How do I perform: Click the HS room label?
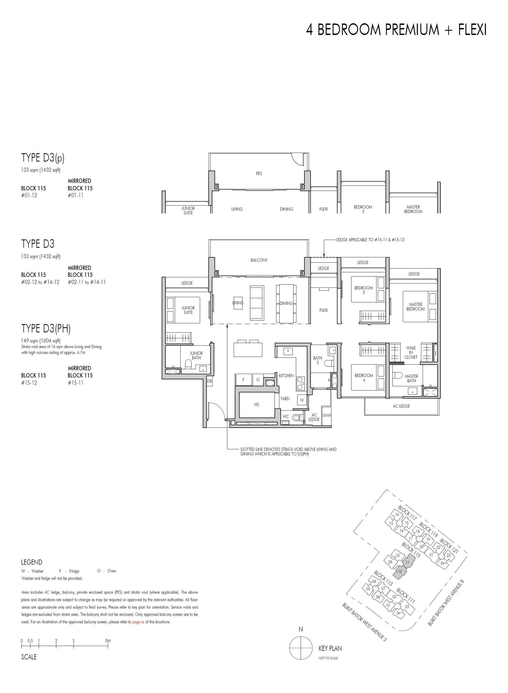point(256,404)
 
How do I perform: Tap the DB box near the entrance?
point(209,381)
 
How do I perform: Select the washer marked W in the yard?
point(302,400)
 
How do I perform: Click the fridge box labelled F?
point(243,380)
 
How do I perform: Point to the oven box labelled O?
point(258,380)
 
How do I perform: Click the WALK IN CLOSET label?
point(411,352)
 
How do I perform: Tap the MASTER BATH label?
point(411,378)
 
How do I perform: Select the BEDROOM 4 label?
point(364,378)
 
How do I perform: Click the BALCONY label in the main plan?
point(259,260)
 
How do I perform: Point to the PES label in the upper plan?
point(259,174)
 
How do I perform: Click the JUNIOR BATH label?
point(196,356)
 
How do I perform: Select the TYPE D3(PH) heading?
point(46,329)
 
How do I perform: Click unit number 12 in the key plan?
point(400,572)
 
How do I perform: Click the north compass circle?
point(301,648)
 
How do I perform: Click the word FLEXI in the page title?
point(472,30)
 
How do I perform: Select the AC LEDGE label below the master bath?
point(401,406)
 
